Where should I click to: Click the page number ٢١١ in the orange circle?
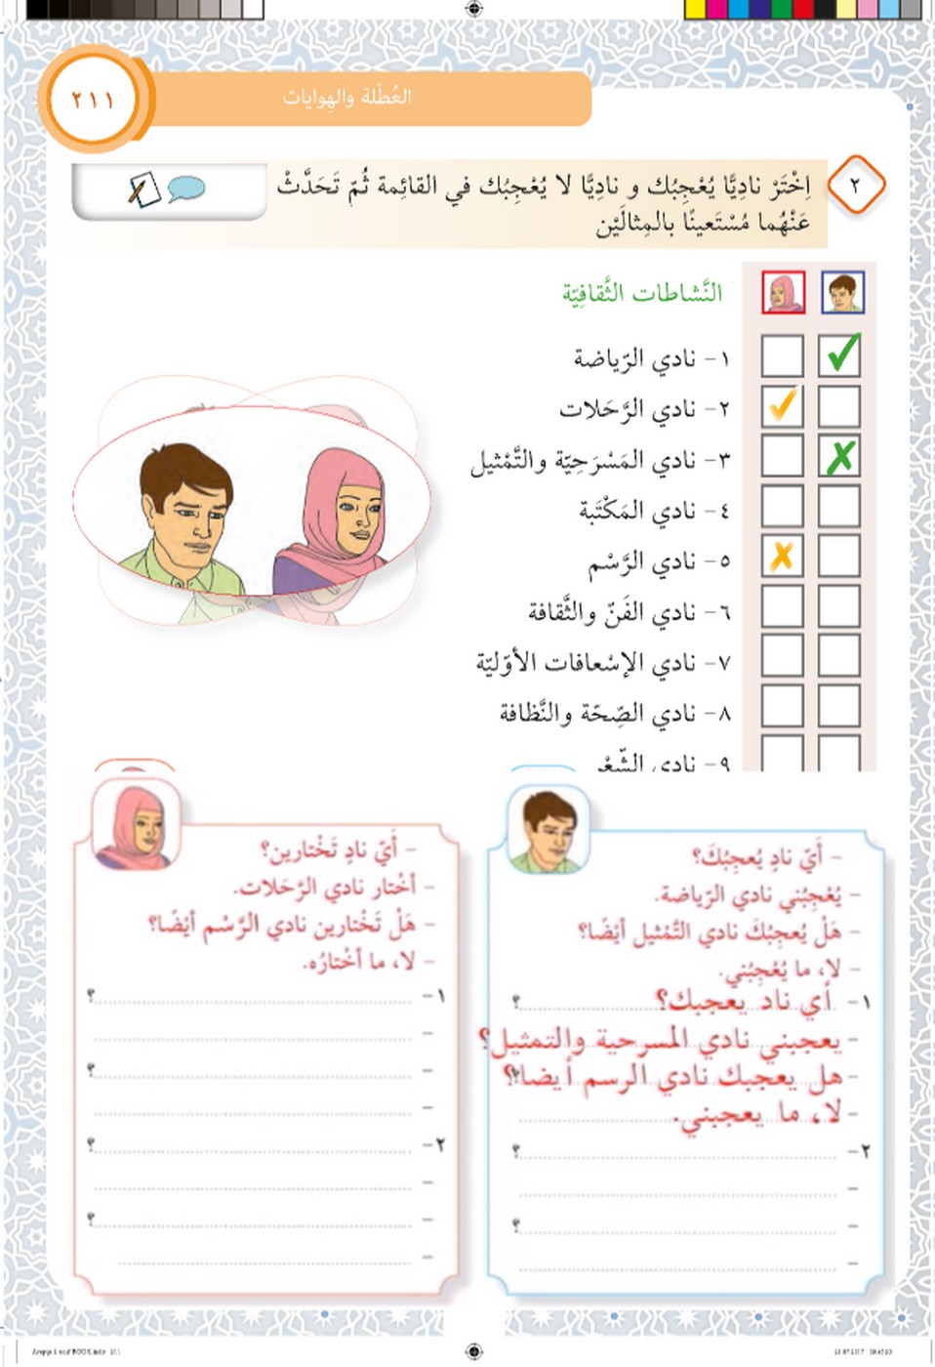93,100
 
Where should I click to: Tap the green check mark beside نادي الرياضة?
840,353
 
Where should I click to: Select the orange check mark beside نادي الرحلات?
782,404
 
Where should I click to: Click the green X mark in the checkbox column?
839,456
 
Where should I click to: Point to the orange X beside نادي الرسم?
781,557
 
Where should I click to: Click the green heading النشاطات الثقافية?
641,292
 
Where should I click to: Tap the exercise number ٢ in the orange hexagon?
855,184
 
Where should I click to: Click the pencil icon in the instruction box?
142,188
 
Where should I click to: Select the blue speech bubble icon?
185,187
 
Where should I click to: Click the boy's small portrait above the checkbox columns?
841,292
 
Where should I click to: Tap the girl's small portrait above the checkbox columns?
783,292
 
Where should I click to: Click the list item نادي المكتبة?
636,509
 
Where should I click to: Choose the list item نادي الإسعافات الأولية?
586,662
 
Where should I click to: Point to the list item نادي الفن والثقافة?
612,611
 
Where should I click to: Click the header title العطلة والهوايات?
346,97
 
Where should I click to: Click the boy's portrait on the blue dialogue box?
549,832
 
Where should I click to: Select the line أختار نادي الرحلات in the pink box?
326,887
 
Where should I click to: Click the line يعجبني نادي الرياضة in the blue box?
747,892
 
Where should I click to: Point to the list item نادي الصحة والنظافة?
597,713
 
